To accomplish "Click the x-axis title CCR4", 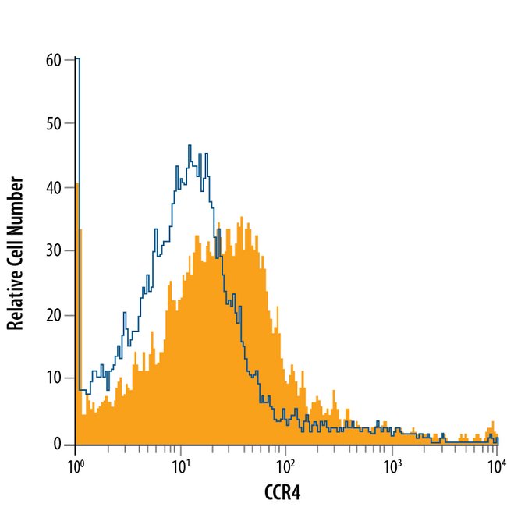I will [286, 491].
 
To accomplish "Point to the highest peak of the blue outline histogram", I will [190, 146].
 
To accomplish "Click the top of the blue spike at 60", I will [76, 58].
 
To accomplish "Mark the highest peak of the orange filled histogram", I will [243, 218].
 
